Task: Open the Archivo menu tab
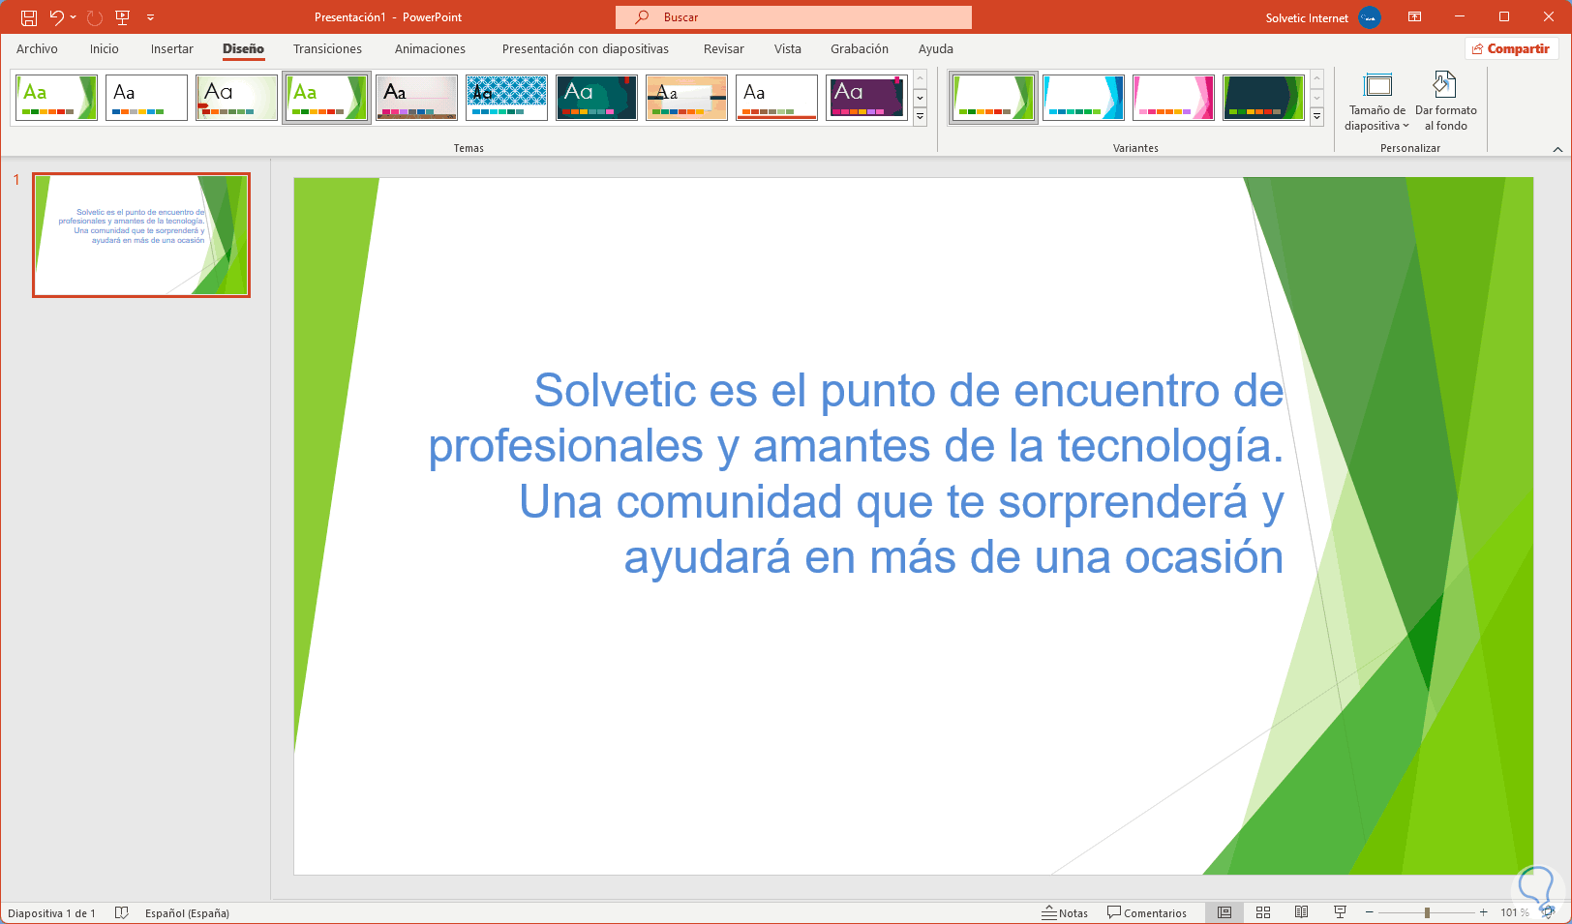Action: [37, 48]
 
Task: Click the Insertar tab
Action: [171, 48]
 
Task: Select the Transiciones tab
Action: [327, 48]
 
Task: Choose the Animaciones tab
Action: [430, 48]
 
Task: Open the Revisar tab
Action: [723, 48]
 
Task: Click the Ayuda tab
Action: [935, 48]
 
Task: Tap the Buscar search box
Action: [793, 17]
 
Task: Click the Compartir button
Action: [1511, 48]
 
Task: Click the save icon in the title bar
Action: [29, 17]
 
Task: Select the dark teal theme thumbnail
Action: [596, 98]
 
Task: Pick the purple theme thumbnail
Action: [866, 98]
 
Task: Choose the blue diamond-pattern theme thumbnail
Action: [506, 98]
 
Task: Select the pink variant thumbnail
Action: [1172, 98]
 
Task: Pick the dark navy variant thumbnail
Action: [1262, 98]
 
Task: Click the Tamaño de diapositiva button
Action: [1376, 102]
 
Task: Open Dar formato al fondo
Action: [1446, 102]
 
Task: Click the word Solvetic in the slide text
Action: [615, 390]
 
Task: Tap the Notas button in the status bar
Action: [1065, 912]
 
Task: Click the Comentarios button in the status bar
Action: [1147, 912]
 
